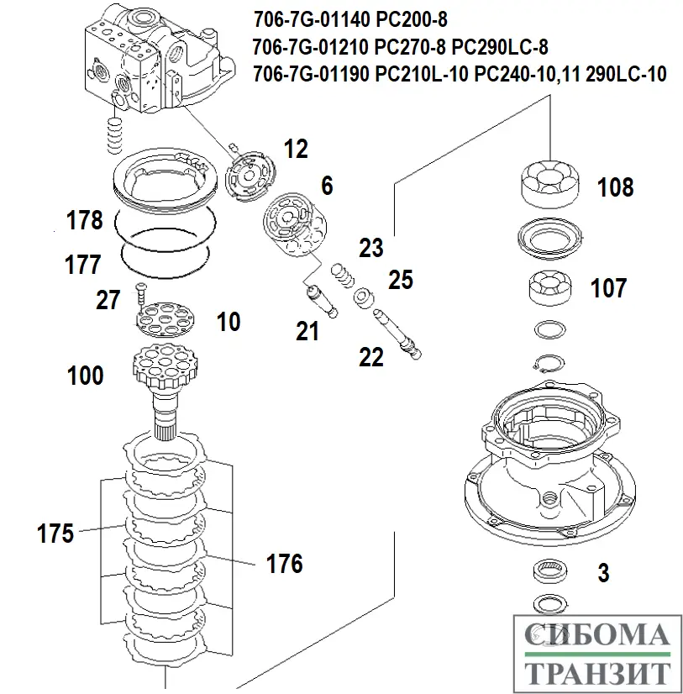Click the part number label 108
(616, 187)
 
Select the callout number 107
(609, 288)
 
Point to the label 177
(83, 265)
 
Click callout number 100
(85, 375)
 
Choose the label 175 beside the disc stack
(56, 533)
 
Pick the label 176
(285, 563)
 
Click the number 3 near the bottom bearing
(602, 573)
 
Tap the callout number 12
(296, 150)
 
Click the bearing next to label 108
(550, 182)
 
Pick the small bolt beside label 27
(140, 292)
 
